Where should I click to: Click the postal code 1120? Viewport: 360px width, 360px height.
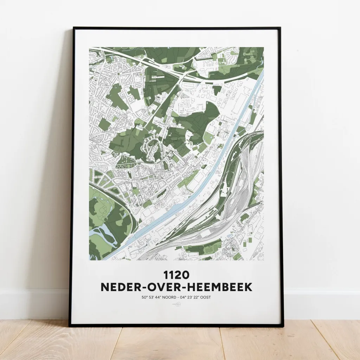point(176,274)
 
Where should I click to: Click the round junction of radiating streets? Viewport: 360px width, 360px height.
point(118,73)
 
